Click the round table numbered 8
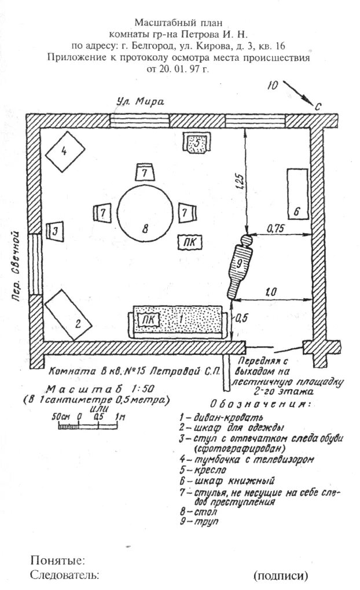(145, 214)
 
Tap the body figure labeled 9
(240, 266)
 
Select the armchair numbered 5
(197, 142)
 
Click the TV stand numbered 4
(64, 151)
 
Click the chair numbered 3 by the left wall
(55, 231)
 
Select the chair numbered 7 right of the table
(185, 212)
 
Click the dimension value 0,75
(277, 228)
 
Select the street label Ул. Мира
(139, 102)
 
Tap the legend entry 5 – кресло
(200, 470)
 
